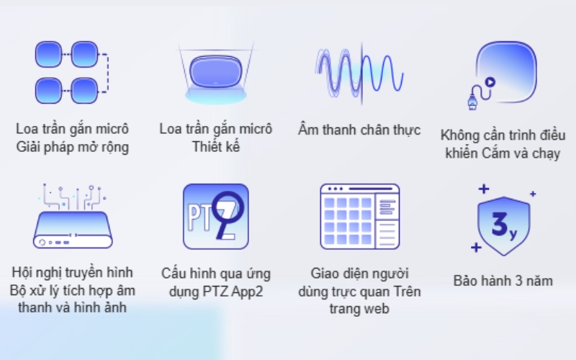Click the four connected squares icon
point(72,72)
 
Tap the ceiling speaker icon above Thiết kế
point(215,74)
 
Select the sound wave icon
point(359,73)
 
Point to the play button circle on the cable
point(490,82)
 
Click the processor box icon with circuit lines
point(73,216)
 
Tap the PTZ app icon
point(215,217)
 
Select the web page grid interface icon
point(359,217)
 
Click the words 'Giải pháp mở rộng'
point(73,148)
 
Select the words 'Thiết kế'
point(215,147)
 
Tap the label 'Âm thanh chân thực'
point(359,130)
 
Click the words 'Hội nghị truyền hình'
point(73,273)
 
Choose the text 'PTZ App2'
point(233,292)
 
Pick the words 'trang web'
point(359,309)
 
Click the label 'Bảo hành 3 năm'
point(503,281)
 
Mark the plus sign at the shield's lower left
point(476,248)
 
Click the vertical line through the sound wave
point(362,73)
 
